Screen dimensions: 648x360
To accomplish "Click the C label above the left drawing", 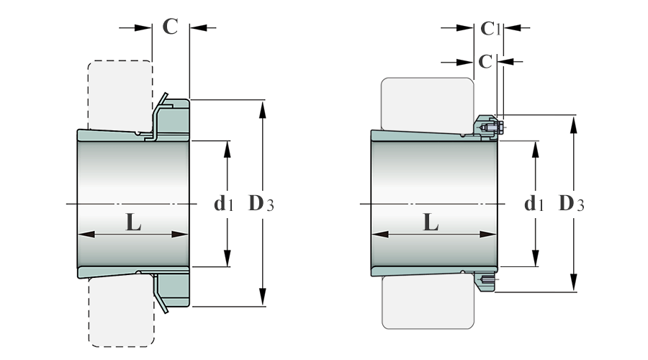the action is (170, 27).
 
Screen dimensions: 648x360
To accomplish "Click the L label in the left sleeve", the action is (133, 222).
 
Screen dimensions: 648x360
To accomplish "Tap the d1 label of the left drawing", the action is (224, 204).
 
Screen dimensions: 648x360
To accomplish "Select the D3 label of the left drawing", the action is (261, 203).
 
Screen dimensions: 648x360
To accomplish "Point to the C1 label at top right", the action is (490, 29).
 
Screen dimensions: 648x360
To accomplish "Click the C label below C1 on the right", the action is (485, 62).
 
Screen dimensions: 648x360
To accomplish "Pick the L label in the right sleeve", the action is (431, 222).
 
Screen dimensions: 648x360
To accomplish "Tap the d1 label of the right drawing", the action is (534, 204).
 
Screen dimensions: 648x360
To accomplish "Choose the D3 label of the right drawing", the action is (571, 203).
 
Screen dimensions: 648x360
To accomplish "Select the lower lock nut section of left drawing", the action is (174, 290).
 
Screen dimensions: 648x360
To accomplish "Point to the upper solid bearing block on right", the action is (427, 104).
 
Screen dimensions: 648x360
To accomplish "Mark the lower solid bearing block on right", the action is (428, 302).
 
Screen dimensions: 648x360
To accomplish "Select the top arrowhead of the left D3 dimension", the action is (262, 109).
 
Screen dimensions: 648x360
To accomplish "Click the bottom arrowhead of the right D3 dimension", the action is (573, 283).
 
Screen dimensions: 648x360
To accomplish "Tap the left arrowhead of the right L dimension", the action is (380, 234).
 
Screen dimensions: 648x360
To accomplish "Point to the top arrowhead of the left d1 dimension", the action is (227, 150).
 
